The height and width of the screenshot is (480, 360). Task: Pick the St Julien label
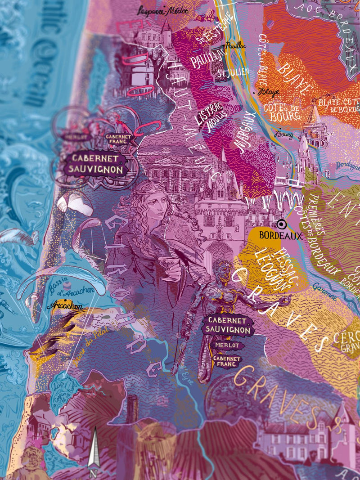pos(226,72)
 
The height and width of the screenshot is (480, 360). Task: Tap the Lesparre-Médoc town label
pos(163,10)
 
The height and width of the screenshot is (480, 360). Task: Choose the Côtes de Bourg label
pos(282,111)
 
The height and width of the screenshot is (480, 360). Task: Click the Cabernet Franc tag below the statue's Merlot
pos(226,361)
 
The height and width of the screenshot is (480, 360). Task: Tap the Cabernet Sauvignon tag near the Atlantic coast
pos(95,164)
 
